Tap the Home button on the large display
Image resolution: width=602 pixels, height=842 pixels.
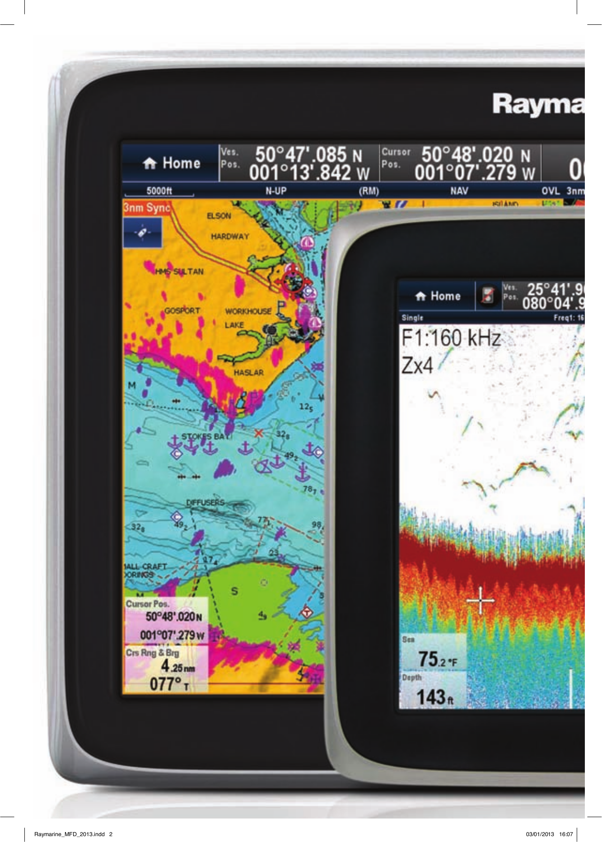(171, 163)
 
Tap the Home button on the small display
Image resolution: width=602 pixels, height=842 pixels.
(438, 296)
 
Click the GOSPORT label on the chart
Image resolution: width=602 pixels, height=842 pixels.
(182, 311)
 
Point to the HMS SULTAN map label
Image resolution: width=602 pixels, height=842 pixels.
(179, 271)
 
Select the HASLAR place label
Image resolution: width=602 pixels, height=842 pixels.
(248, 373)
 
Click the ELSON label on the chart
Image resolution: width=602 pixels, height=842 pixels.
(219, 216)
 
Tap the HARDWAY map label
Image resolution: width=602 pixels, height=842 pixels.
(230, 236)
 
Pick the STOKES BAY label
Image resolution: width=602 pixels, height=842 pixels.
(206, 436)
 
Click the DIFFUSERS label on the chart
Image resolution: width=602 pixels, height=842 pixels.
(205, 502)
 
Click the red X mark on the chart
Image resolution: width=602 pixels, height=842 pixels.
(258, 433)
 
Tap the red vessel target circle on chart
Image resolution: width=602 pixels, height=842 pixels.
(294, 282)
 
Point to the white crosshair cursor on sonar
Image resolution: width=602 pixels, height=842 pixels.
(480, 600)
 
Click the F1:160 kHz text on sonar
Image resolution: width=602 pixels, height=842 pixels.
(451, 338)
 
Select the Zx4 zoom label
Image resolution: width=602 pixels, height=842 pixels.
(417, 365)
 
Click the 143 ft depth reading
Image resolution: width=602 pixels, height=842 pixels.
(434, 697)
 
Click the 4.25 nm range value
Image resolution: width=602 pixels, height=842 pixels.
(177, 666)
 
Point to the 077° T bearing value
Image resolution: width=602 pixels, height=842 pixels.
(168, 684)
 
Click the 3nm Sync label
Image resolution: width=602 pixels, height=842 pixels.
(146, 208)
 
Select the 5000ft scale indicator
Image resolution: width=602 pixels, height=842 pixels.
(159, 191)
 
